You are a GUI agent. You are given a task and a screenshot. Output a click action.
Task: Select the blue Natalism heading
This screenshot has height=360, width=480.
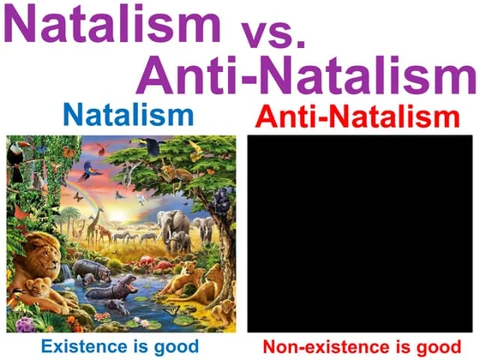[x=129, y=115]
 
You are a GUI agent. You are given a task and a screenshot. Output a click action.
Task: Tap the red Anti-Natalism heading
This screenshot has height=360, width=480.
[x=357, y=116]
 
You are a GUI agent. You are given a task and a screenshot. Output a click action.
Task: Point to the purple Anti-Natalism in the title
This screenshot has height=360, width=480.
[x=307, y=75]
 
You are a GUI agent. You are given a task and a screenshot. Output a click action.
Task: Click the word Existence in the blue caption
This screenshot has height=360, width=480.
[x=84, y=346]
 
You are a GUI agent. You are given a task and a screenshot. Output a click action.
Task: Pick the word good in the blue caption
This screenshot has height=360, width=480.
[x=176, y=347]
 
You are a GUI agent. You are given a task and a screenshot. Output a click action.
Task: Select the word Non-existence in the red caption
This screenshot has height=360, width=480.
[x=326, y=347]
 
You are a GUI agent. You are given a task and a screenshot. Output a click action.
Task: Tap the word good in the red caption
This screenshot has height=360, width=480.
[x=438, y=348]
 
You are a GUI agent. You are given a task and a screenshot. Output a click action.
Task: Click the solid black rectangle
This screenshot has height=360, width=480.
[x=360, y=233]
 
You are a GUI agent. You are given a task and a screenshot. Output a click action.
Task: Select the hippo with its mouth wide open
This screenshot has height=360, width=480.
[x=112, y=288]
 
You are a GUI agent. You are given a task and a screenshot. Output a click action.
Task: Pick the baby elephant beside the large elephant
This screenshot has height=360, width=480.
[x=181, y=242]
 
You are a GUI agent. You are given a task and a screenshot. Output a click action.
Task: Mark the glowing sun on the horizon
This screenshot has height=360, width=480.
[x=119, y=217]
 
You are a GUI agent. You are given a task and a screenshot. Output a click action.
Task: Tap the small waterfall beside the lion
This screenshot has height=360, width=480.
[x=65, y=272]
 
